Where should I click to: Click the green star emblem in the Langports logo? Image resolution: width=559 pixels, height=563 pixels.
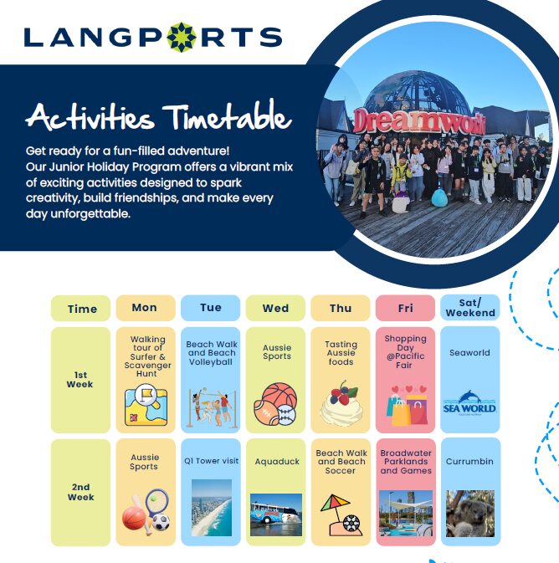[182, 38]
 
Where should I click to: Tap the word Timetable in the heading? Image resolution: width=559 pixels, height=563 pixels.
[227, 115]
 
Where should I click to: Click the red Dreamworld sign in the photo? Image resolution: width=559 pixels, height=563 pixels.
[419, 121]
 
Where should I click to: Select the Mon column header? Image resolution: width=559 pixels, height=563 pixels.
[146, 308]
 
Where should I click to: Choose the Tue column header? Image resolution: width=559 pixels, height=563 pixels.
[211, 308]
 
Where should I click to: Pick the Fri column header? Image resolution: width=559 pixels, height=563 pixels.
[405, 308]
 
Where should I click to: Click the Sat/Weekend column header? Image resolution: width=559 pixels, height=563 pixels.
[470, 308]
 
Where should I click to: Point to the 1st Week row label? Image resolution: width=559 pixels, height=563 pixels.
[80, 380]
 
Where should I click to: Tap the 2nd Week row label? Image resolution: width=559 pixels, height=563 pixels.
[81, 492]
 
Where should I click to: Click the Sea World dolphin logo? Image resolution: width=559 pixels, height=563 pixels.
[469, 402]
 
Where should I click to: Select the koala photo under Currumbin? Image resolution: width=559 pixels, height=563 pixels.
[470, 514]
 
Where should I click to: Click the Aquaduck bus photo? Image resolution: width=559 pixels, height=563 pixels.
[276, 514]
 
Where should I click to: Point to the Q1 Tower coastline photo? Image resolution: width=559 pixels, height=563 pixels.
[212, 508]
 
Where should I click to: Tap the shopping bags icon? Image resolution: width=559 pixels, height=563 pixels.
[408, 406]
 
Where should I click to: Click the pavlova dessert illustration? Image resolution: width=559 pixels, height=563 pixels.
[341, 403]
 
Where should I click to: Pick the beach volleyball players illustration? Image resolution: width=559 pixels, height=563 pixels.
[212, 408]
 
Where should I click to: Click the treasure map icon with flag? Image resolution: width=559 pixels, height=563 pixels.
[146, 405]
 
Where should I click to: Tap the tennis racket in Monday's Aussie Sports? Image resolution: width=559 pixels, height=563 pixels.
[156, 502]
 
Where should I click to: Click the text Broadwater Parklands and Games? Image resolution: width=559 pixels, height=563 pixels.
[406, 462]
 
